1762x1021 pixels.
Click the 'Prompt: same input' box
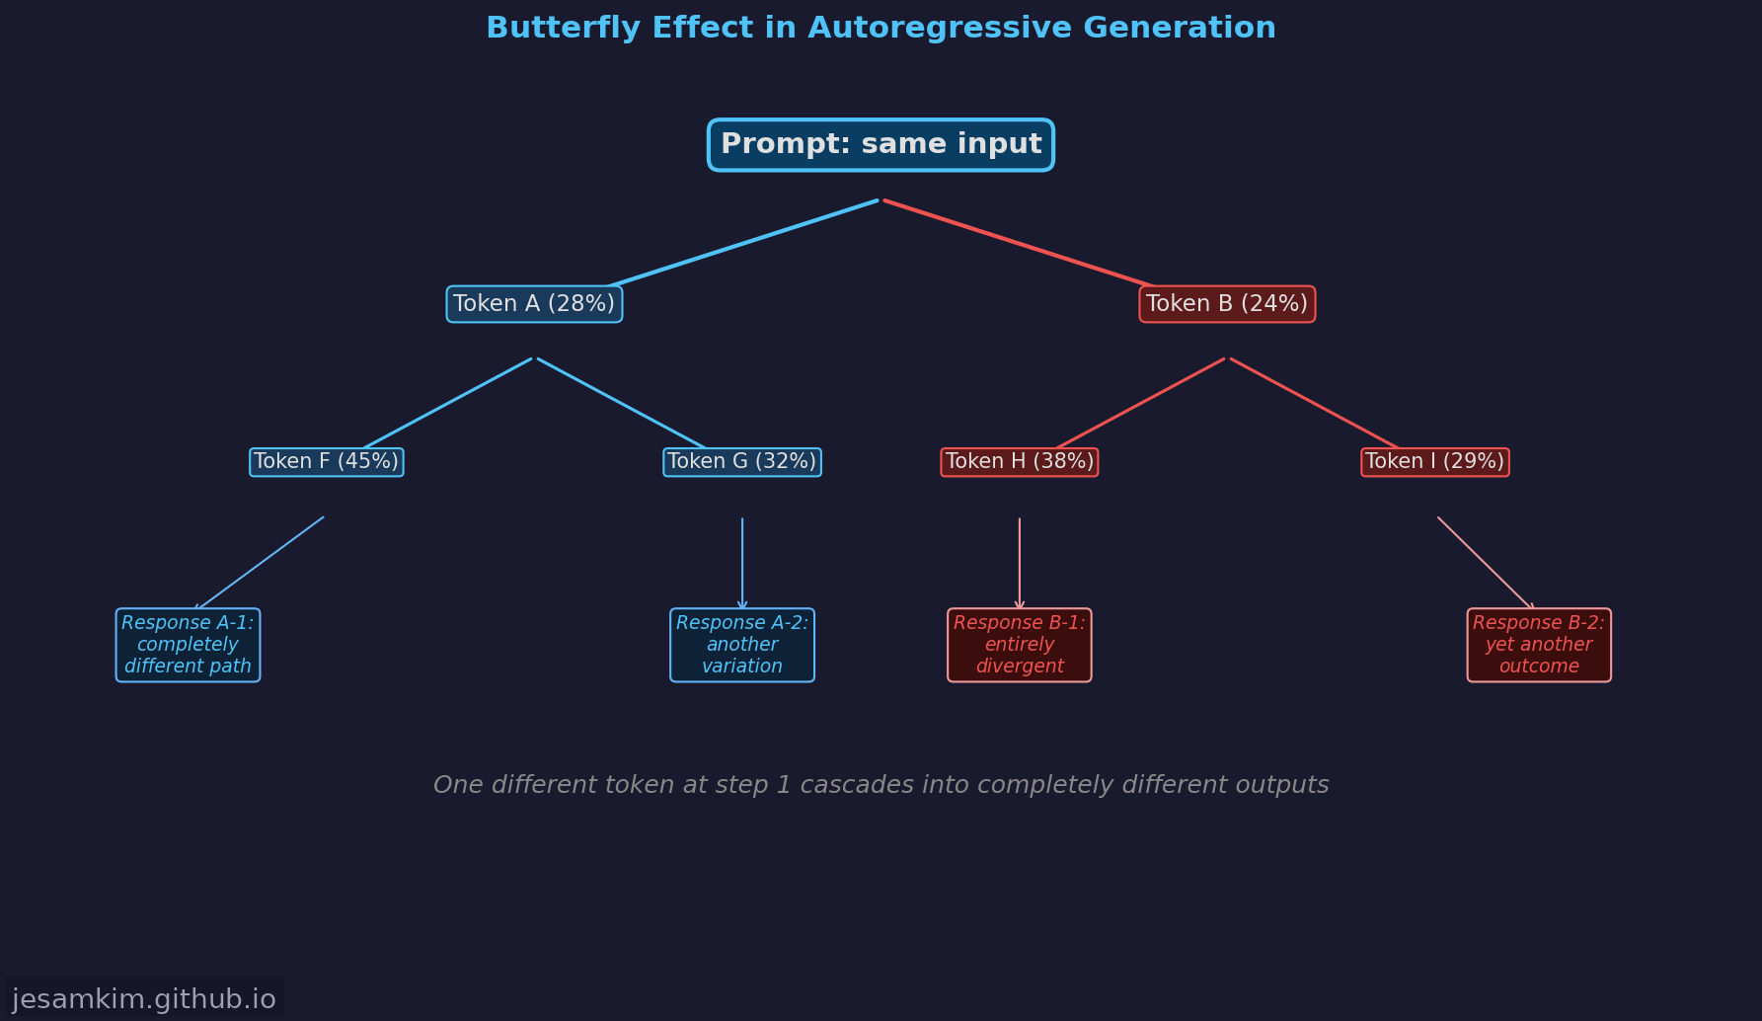(881, 145)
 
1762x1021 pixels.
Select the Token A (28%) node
(534, 304)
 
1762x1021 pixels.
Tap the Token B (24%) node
(1227, 304)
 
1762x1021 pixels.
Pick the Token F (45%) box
(327, 462)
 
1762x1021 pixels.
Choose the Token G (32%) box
(742, 462)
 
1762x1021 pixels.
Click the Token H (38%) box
(1020, 462)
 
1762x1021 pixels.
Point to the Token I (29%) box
(1434, 462)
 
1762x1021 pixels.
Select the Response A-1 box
(188, 645)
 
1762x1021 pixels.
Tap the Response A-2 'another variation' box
(742, 645)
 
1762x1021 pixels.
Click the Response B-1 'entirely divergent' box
(1020, 645)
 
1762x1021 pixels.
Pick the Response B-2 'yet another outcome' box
(1539, 645)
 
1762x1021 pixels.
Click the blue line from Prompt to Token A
(742, 244)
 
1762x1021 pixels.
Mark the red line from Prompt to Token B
(1019, 244)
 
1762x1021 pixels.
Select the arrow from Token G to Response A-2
(742, 563)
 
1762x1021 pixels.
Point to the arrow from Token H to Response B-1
(1020, 563)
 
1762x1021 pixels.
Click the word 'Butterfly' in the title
(542, 28)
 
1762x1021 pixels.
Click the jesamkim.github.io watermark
(144, 999)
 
